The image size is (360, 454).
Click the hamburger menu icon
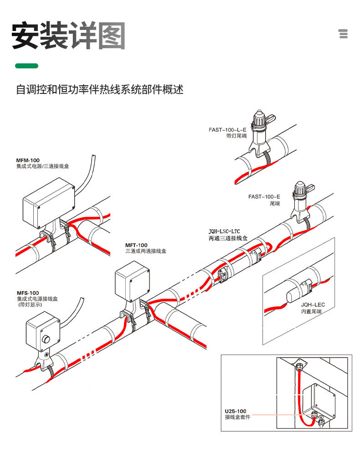(x=344, y=34)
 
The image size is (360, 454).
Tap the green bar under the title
(x=26, y=66)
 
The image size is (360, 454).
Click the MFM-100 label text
(x=28, y=160)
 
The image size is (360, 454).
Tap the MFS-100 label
(x=28, y=293)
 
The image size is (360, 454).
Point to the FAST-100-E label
(x=264, y=197)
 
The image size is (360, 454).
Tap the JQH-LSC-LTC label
(x=227, y=232)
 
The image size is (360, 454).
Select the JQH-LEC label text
(x=313, y=304)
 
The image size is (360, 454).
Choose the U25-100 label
(x=235, y=411)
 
